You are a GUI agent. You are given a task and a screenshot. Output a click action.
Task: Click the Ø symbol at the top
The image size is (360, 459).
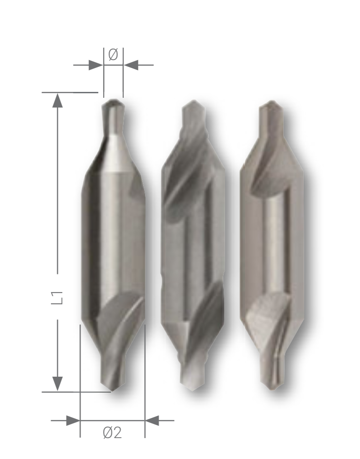(x=113, y=55)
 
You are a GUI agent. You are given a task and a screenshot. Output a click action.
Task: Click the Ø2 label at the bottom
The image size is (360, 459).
(x=113, y=432)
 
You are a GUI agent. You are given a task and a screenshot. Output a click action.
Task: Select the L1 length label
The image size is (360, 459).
(x=57, y=297)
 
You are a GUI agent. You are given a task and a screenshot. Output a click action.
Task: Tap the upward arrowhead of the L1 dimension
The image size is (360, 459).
(x=57, y=101)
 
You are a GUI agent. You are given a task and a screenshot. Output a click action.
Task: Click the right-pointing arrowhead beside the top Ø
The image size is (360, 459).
(x=95, y=65)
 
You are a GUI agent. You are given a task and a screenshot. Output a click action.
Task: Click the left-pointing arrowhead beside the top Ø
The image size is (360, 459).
(x=131, y=65)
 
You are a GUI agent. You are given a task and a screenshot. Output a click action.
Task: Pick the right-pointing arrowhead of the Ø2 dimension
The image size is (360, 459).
(x=73, y=420)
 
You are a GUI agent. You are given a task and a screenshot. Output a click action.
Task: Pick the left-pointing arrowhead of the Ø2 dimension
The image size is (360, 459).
(x=152, y=420)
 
